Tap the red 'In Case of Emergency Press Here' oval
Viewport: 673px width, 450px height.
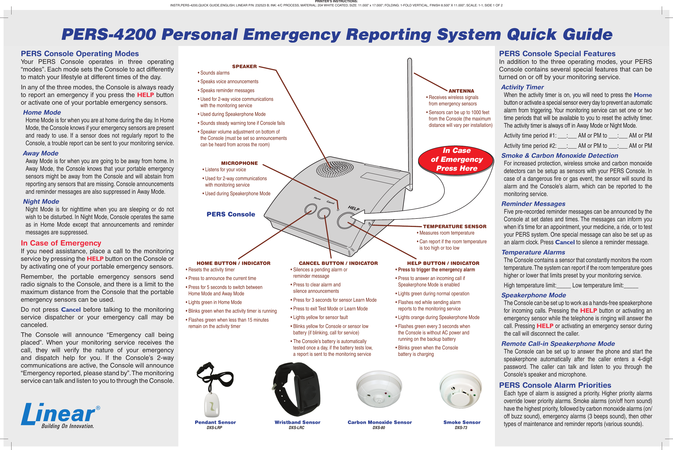pyautogui.click(x=456, y=159)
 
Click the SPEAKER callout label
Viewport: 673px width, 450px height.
pyautogui.click(x=244, y=66)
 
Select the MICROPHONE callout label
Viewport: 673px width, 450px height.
pyautogui.click(x=239, y=163)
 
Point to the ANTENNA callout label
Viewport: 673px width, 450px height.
pyautogui.click(x=461, y=91)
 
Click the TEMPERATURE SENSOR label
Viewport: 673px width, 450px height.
pyautogui.click(x=454, y=226)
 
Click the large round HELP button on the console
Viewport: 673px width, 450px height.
pyautogui.click(x=346, y=220)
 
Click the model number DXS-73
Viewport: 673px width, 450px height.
pyautogui.click(x=461, y=428)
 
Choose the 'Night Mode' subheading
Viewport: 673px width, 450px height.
pyautogui.click(x=41, y=201)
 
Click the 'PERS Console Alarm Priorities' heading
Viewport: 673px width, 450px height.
pyautogui.click(x=555, y=385)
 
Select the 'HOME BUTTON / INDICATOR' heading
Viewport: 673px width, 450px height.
pyautogui.click(x=233, y=263)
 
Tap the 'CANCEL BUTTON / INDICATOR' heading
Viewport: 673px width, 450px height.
pyautogui.click(x=338, y=263)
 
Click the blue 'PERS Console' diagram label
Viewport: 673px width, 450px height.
pyautogui.click(x=231, y=214)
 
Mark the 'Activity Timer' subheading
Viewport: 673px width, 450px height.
pyautogui.click(x=522, y=87)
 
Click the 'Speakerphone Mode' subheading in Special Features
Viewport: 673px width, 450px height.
pyautogui.click(x=533, y=295)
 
